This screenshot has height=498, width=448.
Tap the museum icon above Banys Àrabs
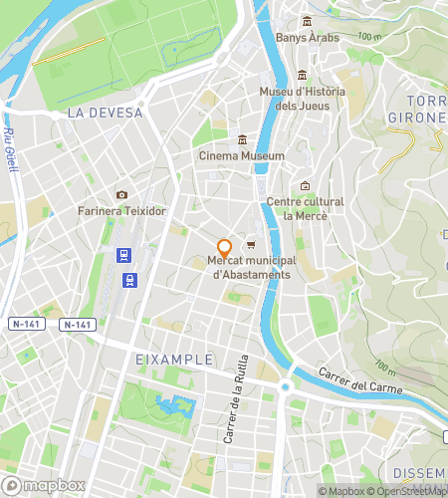click(x=306, y=21)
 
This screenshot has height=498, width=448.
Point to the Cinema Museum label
click(x=242, y=156)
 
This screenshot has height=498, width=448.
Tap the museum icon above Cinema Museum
click(x=242, y=139)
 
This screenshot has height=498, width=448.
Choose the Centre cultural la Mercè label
click(x=305, y=208)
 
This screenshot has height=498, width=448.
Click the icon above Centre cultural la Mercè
click(x=305, y=185)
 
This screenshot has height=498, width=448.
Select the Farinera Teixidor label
click(x=121, y=211)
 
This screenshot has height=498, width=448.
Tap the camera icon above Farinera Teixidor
click(x=121, y=194)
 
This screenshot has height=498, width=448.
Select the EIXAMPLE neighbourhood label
click(x=174, y=359)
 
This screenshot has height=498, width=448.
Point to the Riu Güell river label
click(x=11, y=147)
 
